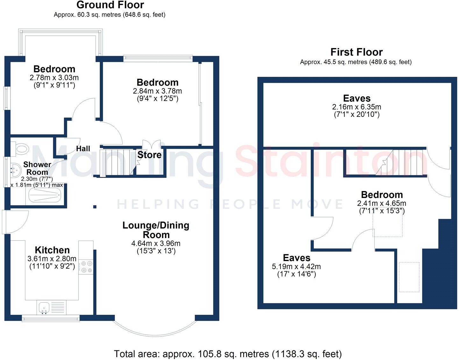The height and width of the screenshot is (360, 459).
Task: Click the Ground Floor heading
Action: coord(110,5)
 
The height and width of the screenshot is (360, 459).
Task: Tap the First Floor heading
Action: coord(356,52)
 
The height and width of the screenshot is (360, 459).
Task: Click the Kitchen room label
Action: coord(52,250)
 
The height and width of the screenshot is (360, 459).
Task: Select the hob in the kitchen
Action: coord(87,267)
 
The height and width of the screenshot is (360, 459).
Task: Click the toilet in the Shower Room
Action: coord(21,148)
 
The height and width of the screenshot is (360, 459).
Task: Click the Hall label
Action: coord(83,149)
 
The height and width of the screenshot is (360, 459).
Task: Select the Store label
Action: coord(149,155)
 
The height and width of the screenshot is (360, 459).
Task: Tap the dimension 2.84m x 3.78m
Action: coord(157,91)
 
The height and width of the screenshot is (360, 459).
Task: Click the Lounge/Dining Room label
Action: coord(156,230)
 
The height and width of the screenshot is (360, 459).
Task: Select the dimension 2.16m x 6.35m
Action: coord(357,107)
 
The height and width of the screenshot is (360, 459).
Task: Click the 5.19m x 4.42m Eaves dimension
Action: coord(296,266)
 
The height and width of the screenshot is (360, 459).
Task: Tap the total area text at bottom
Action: coord(228,354)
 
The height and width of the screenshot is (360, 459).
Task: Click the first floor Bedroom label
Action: coord(382,195)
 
